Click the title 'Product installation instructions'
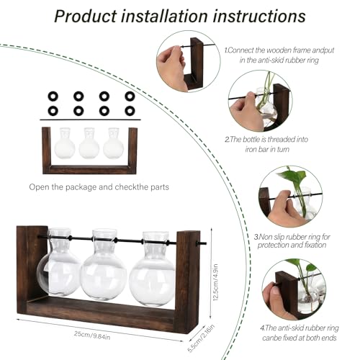pos(180,16)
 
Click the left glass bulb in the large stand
pos(59,270)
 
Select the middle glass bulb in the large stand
pos(104,272)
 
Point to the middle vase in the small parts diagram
pos(89,145)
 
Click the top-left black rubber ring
pos(52,96)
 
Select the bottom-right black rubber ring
pos(130,110)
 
